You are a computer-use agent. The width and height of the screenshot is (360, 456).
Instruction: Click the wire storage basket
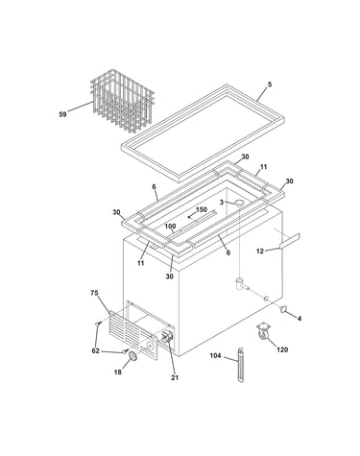click(x=122, y=100)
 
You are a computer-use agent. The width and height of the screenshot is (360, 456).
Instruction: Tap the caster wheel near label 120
click(x=262, y=331)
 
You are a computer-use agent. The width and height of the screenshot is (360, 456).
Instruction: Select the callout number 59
click(x=62, y=114)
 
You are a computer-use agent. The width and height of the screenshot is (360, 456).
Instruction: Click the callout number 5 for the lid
click(x=270, y=84)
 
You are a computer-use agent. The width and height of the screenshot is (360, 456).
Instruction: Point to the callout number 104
click(x=215, y=355)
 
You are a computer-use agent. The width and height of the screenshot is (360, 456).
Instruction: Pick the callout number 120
click(x=282, y=349)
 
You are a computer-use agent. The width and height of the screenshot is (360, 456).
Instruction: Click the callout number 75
click(x=94, y=293)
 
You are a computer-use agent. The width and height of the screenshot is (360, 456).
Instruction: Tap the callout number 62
click(x=95, y=351)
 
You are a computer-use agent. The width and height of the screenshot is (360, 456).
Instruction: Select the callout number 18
click(x=118, y=372)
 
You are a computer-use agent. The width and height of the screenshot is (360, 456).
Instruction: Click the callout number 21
click(x=175, y=377)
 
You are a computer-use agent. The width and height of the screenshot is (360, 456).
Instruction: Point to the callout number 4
click(x=300, y=319)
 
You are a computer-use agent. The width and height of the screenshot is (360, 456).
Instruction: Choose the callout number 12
click(x=260, y=252)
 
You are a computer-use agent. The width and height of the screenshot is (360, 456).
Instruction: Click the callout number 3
click(x=222, y=203)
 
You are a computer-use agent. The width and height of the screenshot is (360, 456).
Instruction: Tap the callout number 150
click(x=202, y=210)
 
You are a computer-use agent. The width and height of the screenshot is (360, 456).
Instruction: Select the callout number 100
click(x=170, y=227)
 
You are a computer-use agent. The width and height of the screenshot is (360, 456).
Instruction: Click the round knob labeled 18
click(x=132, y=356)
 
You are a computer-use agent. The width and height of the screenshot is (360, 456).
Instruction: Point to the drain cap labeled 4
click(x=283, y=309)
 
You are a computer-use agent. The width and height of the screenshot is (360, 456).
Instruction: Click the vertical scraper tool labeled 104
click(x=241, y=365)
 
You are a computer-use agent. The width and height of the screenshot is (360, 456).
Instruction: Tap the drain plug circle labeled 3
click(x=239, y=203)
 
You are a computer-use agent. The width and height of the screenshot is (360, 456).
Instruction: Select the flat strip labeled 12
click(x=290, y=241)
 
